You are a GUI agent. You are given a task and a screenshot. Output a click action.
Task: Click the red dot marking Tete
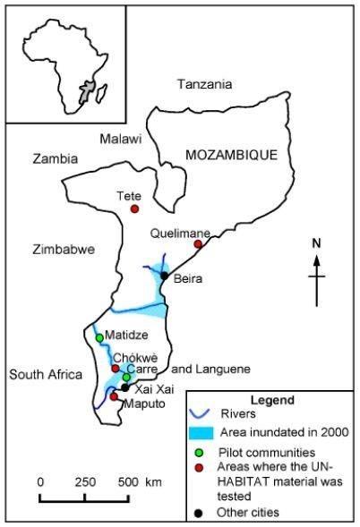click(x=134, y=209)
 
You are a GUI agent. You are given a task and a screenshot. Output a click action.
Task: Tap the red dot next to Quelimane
click(x=198, y=243)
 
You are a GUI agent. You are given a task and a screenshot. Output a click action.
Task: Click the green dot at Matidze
click(x=99, y=337)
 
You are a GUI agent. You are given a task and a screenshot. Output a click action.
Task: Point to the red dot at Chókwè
click(x=115, y=368)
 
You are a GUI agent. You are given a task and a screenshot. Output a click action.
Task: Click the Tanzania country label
click(x=204, y=84)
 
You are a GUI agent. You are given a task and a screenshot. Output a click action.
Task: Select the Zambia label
click(x=55, y=159)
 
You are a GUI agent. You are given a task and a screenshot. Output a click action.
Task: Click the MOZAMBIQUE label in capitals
click(x=227, y=155)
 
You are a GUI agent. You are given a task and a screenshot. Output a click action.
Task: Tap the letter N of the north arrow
click(x=316, y=242)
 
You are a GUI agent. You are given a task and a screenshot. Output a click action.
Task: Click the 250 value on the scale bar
click(x=84, y=481)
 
